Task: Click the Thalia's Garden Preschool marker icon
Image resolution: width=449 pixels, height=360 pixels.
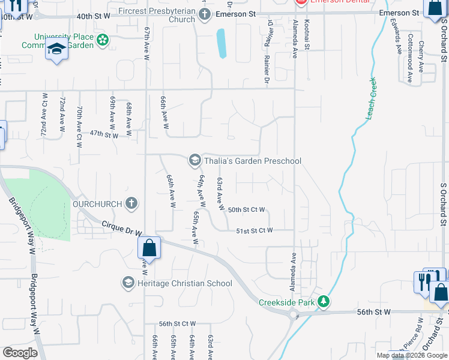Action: pyautogui.click(x=194, y=160)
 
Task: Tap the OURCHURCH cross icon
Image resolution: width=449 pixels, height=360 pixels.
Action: pyautogui.click(x=131, y=204)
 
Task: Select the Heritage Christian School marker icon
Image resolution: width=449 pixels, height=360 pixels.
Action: pyautogui.click(x=128, y=283)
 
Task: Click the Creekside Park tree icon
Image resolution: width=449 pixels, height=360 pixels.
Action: pyautogui.click(x=324, y=302)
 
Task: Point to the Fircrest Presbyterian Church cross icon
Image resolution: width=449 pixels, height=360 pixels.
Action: pyautogui.click(x=204, y=13)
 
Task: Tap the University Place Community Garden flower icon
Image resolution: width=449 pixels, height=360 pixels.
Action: pyautogui.click(x=103, y=40)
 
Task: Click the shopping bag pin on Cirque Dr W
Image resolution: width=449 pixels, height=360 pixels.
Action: pyautogui.click(x=149, y=248)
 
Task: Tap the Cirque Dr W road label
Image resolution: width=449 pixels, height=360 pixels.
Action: pyautogui.click(x=122, y=227)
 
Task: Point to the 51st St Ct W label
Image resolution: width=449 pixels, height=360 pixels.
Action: pyautogui.click(x=254, y=230)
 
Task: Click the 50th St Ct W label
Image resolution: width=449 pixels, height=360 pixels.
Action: pyautogui.click(x=246, y=209)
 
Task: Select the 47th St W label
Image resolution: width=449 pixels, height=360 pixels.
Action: pyautogui.click(x=104, y=136)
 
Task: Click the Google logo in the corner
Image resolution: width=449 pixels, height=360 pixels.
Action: pyautogui.click(x=20, y=353)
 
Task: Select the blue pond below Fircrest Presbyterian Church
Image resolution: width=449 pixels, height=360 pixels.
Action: pyautogui.click(x=221, y=43)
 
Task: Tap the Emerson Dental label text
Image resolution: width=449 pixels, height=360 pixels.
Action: pyautogui.click(x=334, y=1)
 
